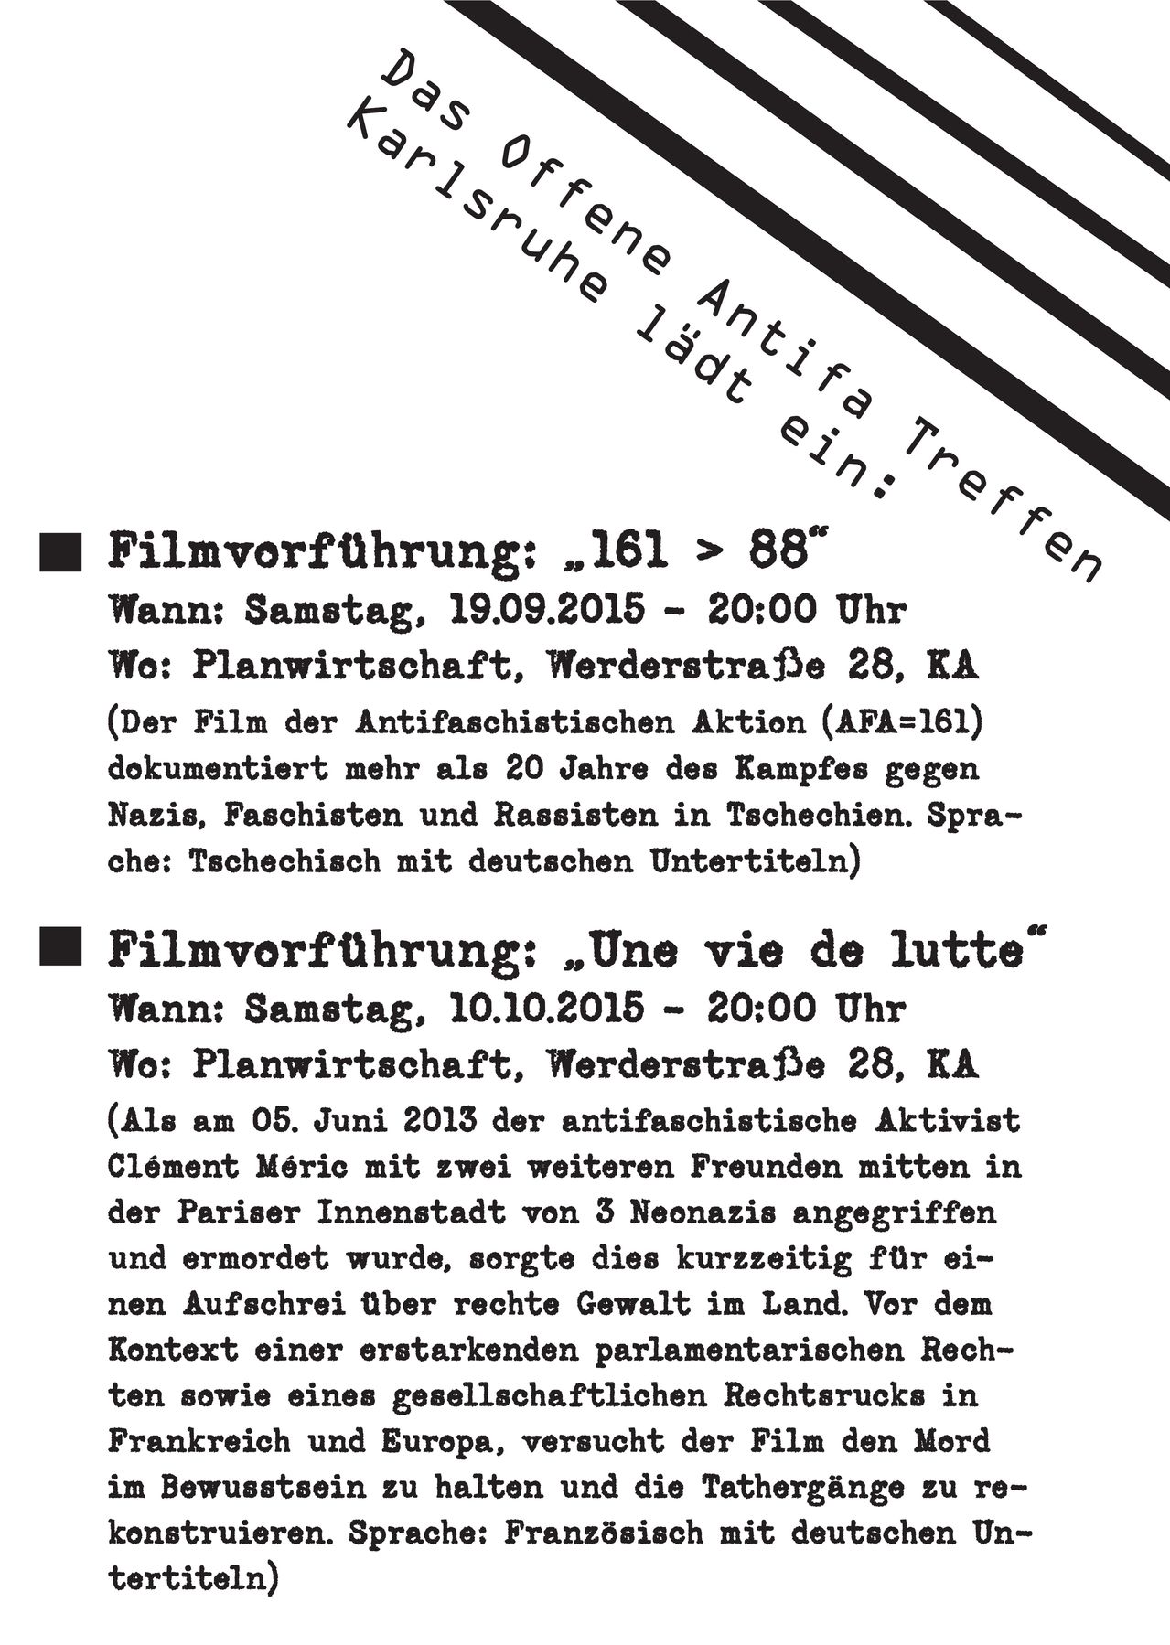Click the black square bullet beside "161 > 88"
tap(60, 552)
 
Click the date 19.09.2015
tap(548, 609)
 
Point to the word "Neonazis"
tap(703, 1213)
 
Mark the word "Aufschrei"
tap(266, 1305)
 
